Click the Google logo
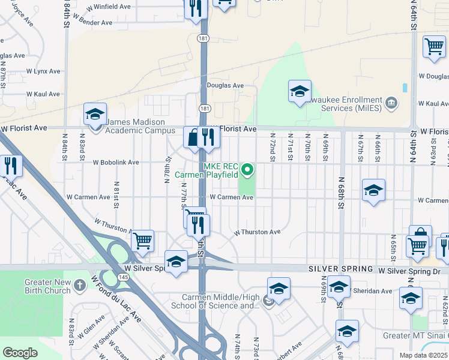coord(20,352)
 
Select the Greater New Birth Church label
coord(47,287)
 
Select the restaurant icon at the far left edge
coord(11,166)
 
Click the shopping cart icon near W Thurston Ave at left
coord(142,241)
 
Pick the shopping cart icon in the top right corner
coord(434,47)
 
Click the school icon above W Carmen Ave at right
coord(373,190)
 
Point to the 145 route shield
coord(123,277)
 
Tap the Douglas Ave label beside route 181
coord(225,85)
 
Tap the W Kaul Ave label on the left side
coord(43,94)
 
